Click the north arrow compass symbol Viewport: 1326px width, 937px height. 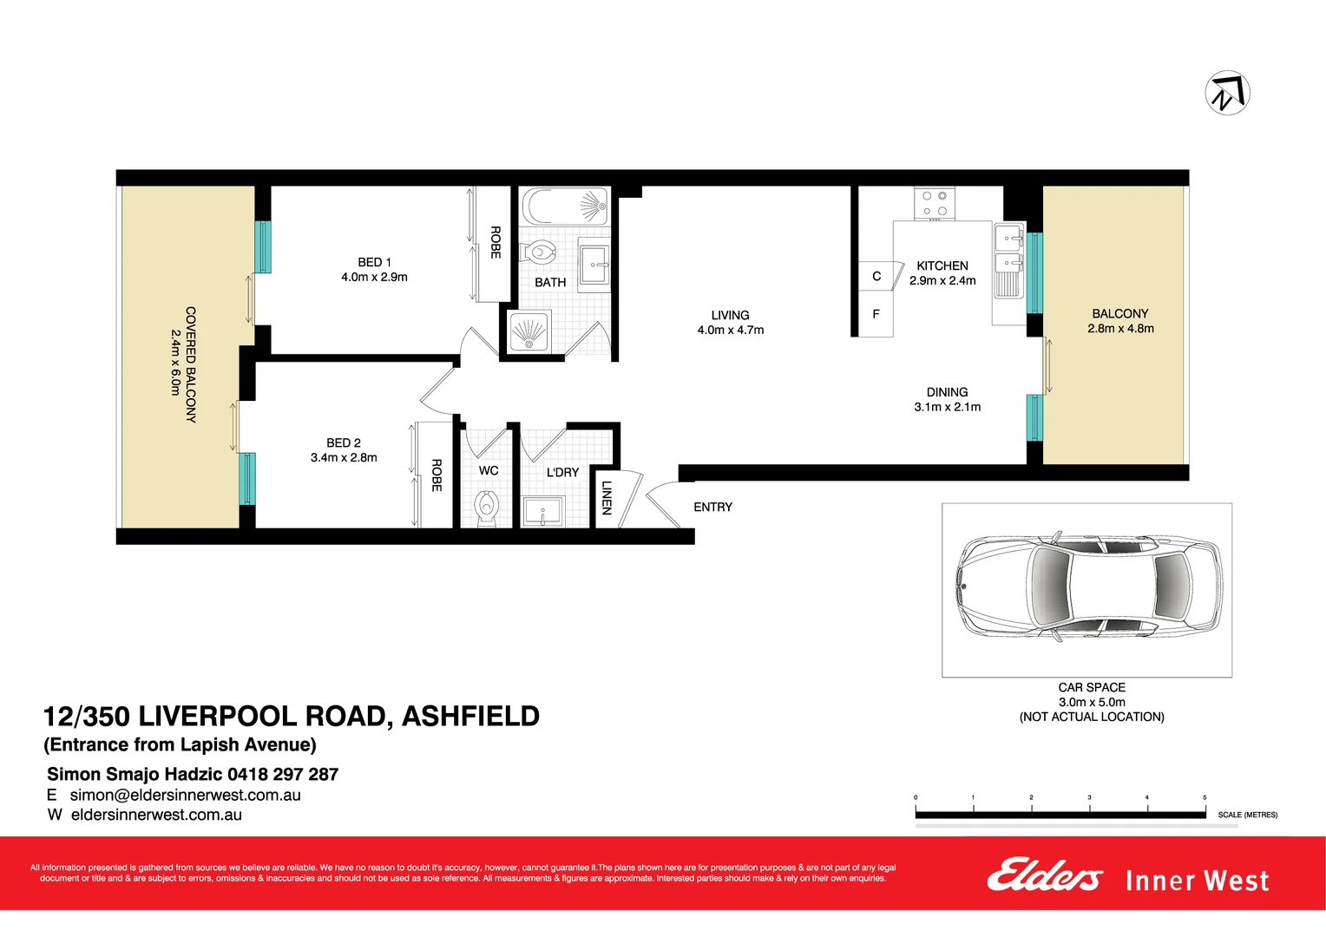pyautogui.click(x=1227, y=93)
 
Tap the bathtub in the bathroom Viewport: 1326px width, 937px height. pyautogui.click(x=565, y=207)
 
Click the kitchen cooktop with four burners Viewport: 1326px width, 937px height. pyautogui.click(x=935, y=204)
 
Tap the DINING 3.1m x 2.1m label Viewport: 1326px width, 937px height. pyautogui.click(x=947, y=399)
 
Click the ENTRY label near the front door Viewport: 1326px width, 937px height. pyautogui.click(x=712, y=507)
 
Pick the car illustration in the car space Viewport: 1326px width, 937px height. pyautogui.click(x=1089, y=587)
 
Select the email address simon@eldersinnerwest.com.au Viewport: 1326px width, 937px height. pyautogui.click(x=185, y=795)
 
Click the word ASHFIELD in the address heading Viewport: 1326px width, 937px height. pyautogui.click(x=470, y=717)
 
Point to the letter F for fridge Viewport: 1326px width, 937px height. pyautogui.click(x=876, y=314)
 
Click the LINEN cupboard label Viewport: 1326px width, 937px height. pyautogui.click(x=607, y=498)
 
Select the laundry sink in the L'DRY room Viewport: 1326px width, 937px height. pyautogui.click(x=544, y=511)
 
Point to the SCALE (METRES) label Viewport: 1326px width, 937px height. pyautogui.click(x=1247, y=815)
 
